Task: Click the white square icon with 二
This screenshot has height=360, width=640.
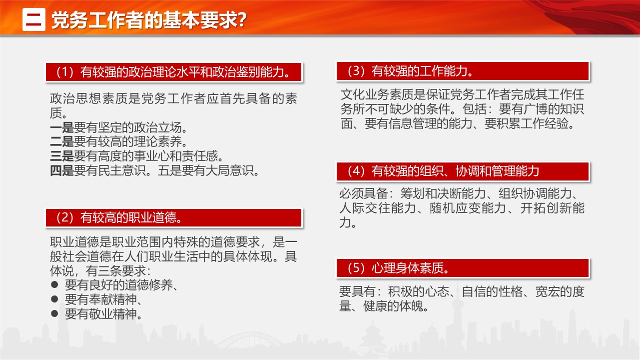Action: click(x=33, y=19)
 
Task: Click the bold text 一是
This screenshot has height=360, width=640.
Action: click(x=62, y=127)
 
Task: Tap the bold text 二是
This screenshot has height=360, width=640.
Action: click(x=62, y=142)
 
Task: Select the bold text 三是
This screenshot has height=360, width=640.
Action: click(x=62, y=156)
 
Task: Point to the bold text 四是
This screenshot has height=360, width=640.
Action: click(x=62, y=170)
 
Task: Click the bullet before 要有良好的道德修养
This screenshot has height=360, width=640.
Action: click(x=54, y=284)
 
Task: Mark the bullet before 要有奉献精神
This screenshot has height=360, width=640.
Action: click(x=54, y=299)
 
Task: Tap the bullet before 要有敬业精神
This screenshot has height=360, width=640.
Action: click(x=54, y=313)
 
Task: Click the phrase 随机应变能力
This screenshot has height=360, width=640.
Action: click(x=468, y=208)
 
